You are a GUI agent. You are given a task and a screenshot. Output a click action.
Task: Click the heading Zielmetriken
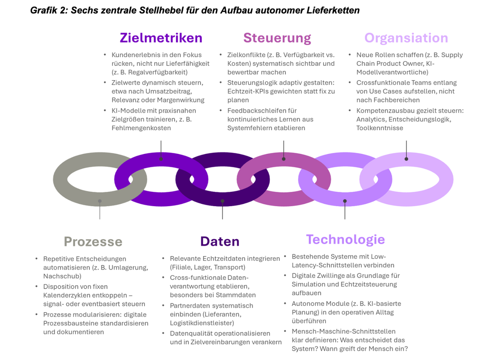point(161,38)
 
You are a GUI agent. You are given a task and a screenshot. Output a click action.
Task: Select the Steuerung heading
point(277,38)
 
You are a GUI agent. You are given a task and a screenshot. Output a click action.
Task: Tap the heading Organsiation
point(406,38)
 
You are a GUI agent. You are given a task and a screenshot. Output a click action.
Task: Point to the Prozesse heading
point(93,242)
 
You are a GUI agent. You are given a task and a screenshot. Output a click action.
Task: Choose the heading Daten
point(219,242)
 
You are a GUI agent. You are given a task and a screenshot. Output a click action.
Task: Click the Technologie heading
point(345,240)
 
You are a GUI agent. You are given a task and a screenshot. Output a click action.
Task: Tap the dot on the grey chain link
point(100,201)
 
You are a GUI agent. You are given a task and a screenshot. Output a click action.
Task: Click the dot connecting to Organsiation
point(406,159)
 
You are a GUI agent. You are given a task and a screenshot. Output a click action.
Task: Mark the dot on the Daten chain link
point(223,201)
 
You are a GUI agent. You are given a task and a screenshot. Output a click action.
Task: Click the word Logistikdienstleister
point(202,323)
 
